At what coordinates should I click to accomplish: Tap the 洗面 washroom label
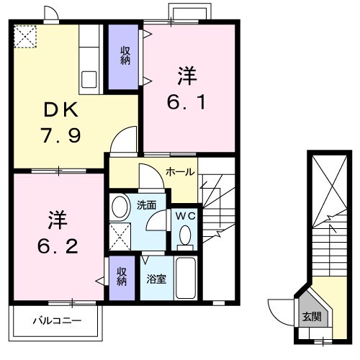(148, 204)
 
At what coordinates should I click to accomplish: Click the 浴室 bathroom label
(157, 279)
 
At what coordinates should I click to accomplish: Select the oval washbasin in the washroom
(120, 207)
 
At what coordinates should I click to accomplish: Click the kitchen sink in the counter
(90, 78)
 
